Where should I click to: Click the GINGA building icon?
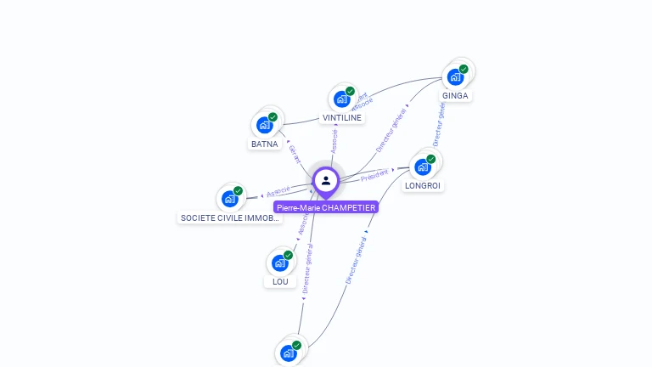(456, 77)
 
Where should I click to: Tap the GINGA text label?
(455, 95)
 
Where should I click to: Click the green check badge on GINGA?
(464, 69)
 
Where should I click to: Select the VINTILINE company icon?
(342, 99)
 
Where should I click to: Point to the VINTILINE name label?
(342, 118)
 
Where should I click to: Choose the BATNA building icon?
(265, 125)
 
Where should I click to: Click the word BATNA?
(265, 144)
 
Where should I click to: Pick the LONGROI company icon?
(423, 167)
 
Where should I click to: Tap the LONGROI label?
(423, 185)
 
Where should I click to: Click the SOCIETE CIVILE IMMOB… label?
(230, 217)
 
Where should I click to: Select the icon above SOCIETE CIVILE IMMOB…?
(230, 199)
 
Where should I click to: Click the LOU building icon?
(280, 263)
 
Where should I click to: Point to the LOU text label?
(280, 282)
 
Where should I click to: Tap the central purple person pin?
(326, 181)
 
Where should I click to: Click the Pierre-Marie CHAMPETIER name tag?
(326, 207)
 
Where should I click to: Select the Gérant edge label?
(295, 154)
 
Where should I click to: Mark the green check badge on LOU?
(288, 255)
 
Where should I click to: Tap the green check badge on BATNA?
(273, 117)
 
